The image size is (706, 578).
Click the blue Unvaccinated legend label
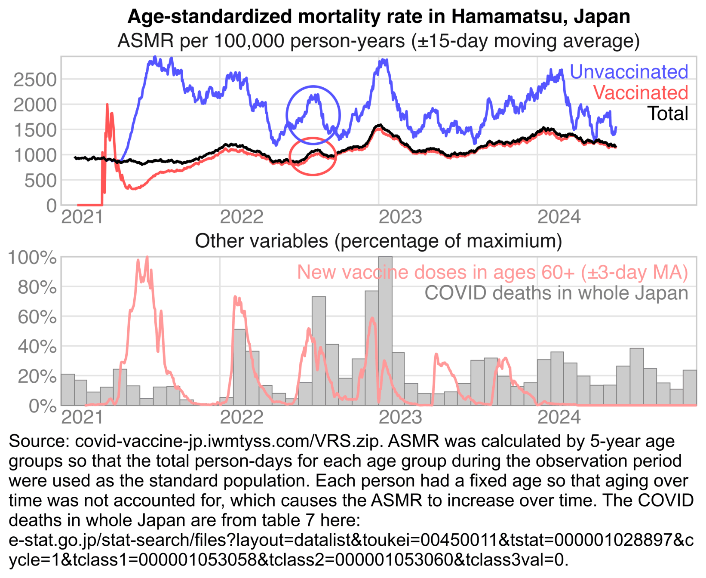[x=628, y=72]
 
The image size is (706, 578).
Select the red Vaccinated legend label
[x=640, y=93]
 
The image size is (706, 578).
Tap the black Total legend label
[x=667, y=114]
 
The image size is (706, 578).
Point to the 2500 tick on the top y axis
[x=35, y=80]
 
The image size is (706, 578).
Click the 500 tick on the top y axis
[x=40, y=181]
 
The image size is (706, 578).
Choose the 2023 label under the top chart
[x=400, y=217]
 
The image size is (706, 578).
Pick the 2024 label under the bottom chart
[x=559, y=417]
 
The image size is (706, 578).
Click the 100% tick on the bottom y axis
[x=32, y=258]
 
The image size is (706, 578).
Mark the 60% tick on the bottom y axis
[x=37, y=317]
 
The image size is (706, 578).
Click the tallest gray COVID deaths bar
[x=385, y=331]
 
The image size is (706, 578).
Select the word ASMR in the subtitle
[x=146, y=41]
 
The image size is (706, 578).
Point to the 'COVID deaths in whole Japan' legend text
[x=556, y=293]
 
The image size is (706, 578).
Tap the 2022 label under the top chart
[x=241, y=217]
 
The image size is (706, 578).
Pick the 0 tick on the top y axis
[x=51, y=206]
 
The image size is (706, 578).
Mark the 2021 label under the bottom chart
[x=82, y=417]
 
